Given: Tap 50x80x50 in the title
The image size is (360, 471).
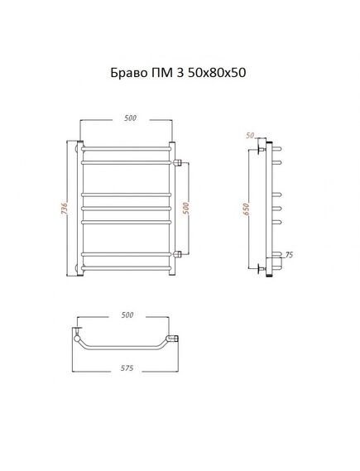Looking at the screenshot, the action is point(217,73).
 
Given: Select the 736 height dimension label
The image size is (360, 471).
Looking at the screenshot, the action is point(65,209).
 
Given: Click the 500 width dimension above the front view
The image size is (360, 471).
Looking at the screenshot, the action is point(130,118).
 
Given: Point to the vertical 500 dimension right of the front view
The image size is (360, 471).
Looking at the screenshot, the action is point(186,209).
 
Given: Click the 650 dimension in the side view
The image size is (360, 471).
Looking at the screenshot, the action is point(246,209).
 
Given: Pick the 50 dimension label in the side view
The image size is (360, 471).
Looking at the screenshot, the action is point(250,136).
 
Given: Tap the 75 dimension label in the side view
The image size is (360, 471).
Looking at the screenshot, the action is point(289,255).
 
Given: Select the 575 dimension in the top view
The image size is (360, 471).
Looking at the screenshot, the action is point(127,368).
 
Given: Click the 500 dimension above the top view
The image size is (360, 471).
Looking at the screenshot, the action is point(127,315).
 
